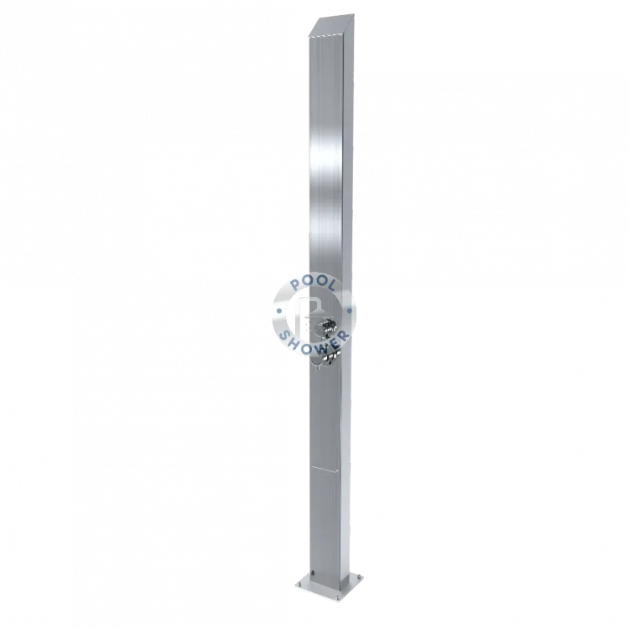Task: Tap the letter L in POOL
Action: (x=330, y=287)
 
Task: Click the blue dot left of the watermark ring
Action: (x=278, y=310)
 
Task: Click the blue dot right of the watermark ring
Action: (x=349, y=309)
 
